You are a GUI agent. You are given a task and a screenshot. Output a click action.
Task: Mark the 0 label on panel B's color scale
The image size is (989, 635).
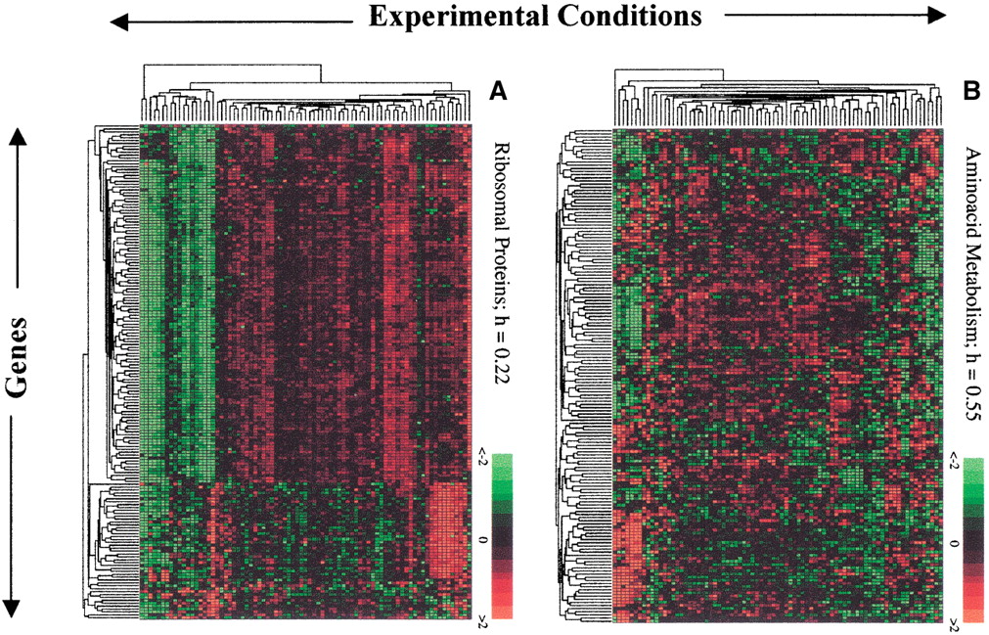[952, 540]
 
